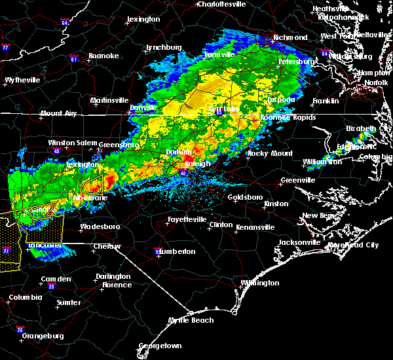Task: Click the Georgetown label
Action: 159,345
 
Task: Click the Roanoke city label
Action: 103,56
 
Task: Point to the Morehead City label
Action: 354,245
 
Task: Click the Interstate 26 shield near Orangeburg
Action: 20,329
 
